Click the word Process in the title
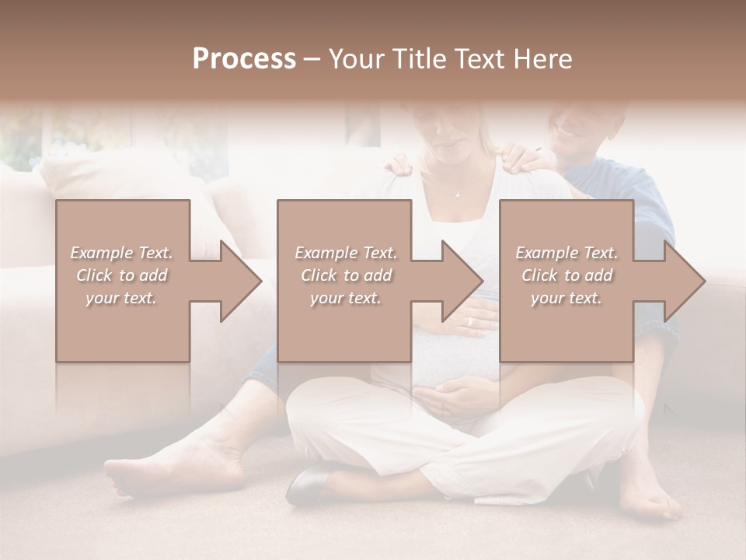click(x=244, y=59)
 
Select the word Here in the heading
click(x=542, y=59)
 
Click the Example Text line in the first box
click(x=121, y=253)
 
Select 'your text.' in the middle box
click(x=345, y=298)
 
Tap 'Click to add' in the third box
click(x=566, y=275)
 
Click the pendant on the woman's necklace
click(x=457, y=194)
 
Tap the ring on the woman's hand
click(x=469, y=321)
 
